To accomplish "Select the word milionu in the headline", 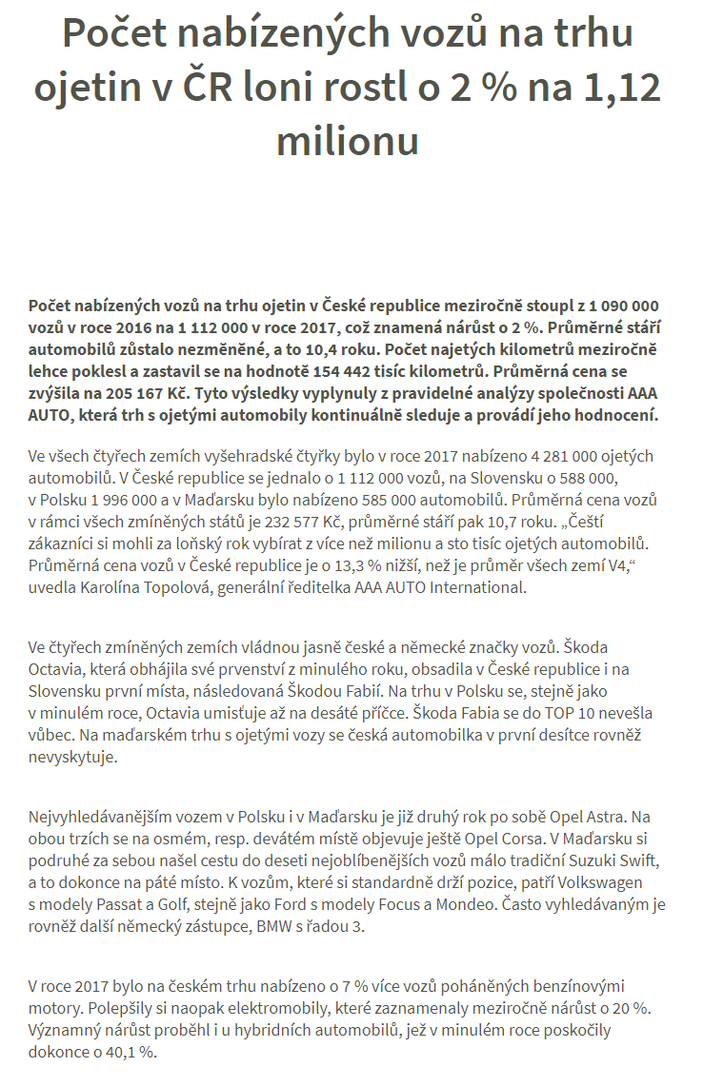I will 348,140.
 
